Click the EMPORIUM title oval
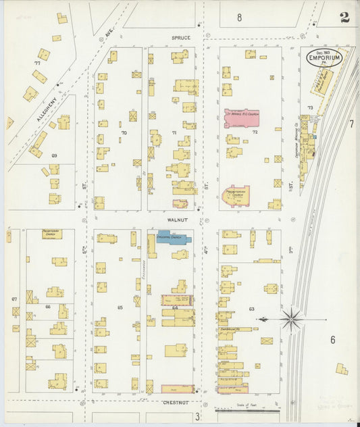click(325, 57)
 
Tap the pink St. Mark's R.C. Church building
click(242, 117)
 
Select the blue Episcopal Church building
click(174, 238)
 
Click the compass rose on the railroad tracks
click(292, 318)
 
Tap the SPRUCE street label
click(180, 38)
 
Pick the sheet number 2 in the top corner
click(345, 18)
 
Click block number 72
click(255, 132)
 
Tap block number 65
click(120, 307)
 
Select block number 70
click(124, 132)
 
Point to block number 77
click(37, 62)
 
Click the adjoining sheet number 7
click(351, 124)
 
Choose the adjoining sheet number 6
click(332, 340)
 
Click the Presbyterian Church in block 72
click(236, 195)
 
